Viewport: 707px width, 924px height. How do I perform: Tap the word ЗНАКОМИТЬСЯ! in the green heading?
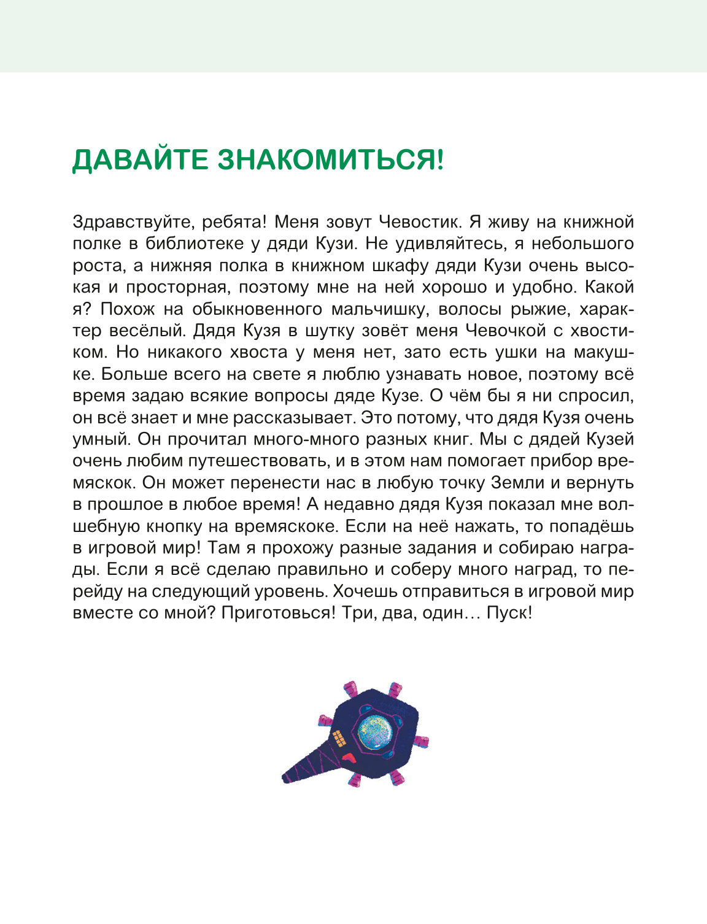330,161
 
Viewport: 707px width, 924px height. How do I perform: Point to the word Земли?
517,483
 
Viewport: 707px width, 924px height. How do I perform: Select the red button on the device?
347,757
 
